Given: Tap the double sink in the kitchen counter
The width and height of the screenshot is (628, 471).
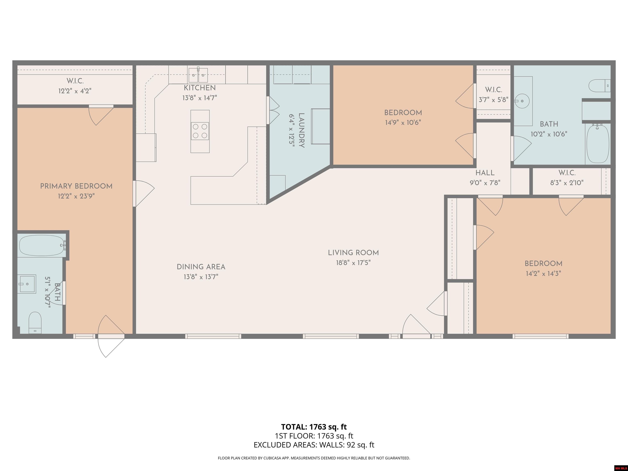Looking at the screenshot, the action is [198, 75].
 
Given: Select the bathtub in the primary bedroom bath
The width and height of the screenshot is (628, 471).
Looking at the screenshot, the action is [42, 246].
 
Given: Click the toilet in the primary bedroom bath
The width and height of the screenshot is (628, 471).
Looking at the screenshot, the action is [35, 323].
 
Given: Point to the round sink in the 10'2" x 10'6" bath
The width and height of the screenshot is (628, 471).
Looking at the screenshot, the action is [522, 101].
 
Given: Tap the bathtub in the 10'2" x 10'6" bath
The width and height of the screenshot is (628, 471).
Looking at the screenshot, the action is [598, 143].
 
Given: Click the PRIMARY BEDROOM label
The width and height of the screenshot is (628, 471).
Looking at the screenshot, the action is [76, 186].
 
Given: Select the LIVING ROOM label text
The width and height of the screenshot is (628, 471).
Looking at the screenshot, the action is [353, 253].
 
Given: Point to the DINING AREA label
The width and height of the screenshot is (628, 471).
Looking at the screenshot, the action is [201, 267].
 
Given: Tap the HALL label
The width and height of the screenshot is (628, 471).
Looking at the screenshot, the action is [485, 173].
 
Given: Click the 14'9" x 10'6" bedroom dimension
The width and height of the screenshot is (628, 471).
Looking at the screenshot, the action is [403, 123].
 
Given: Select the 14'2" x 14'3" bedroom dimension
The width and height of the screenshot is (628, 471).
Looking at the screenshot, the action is [543, 273].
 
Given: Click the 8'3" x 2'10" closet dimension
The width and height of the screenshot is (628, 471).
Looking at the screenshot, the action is [567, 183].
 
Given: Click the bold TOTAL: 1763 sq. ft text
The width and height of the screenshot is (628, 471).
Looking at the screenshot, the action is [314, 427].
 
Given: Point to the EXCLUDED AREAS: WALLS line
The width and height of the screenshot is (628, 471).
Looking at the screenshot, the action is [314, 445].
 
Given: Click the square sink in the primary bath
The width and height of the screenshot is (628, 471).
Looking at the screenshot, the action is [27, 284].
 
